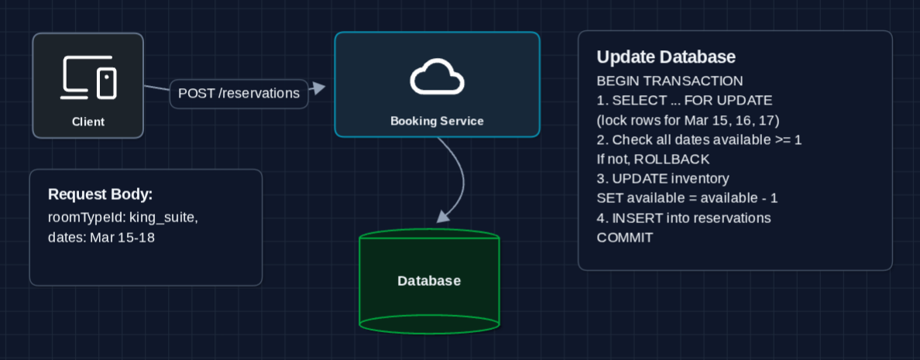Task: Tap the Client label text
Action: pyautogui.click(x=88, y=122)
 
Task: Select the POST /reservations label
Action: pyautogui.click(x=239, y=94)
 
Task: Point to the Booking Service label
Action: pyautogui.click(x=437, y=121)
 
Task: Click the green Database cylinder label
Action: pyautogui.click(x=429, y=281)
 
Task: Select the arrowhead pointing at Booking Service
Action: pyautogui.click(x=317, y=90)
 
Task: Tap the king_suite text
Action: pyautogui.click(x=166, y=218)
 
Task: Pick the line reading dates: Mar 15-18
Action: pyautogui.click(x=101, y=238)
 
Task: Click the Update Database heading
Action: pyautogui.click(x=665, y=57)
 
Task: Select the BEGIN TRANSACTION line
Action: pyautogui.click(x=670, y=81)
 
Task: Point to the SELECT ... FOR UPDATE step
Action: pyautogui.click(x=685, y=101)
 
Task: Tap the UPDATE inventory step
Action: pyautogui.click(x=663, y=179)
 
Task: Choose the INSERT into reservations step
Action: pyautogui.click(x=684, y=218)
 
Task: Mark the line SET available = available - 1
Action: pyautogui.click(x=687, y=198)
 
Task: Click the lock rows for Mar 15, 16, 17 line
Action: pyautogui.click(x=688, y=120)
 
